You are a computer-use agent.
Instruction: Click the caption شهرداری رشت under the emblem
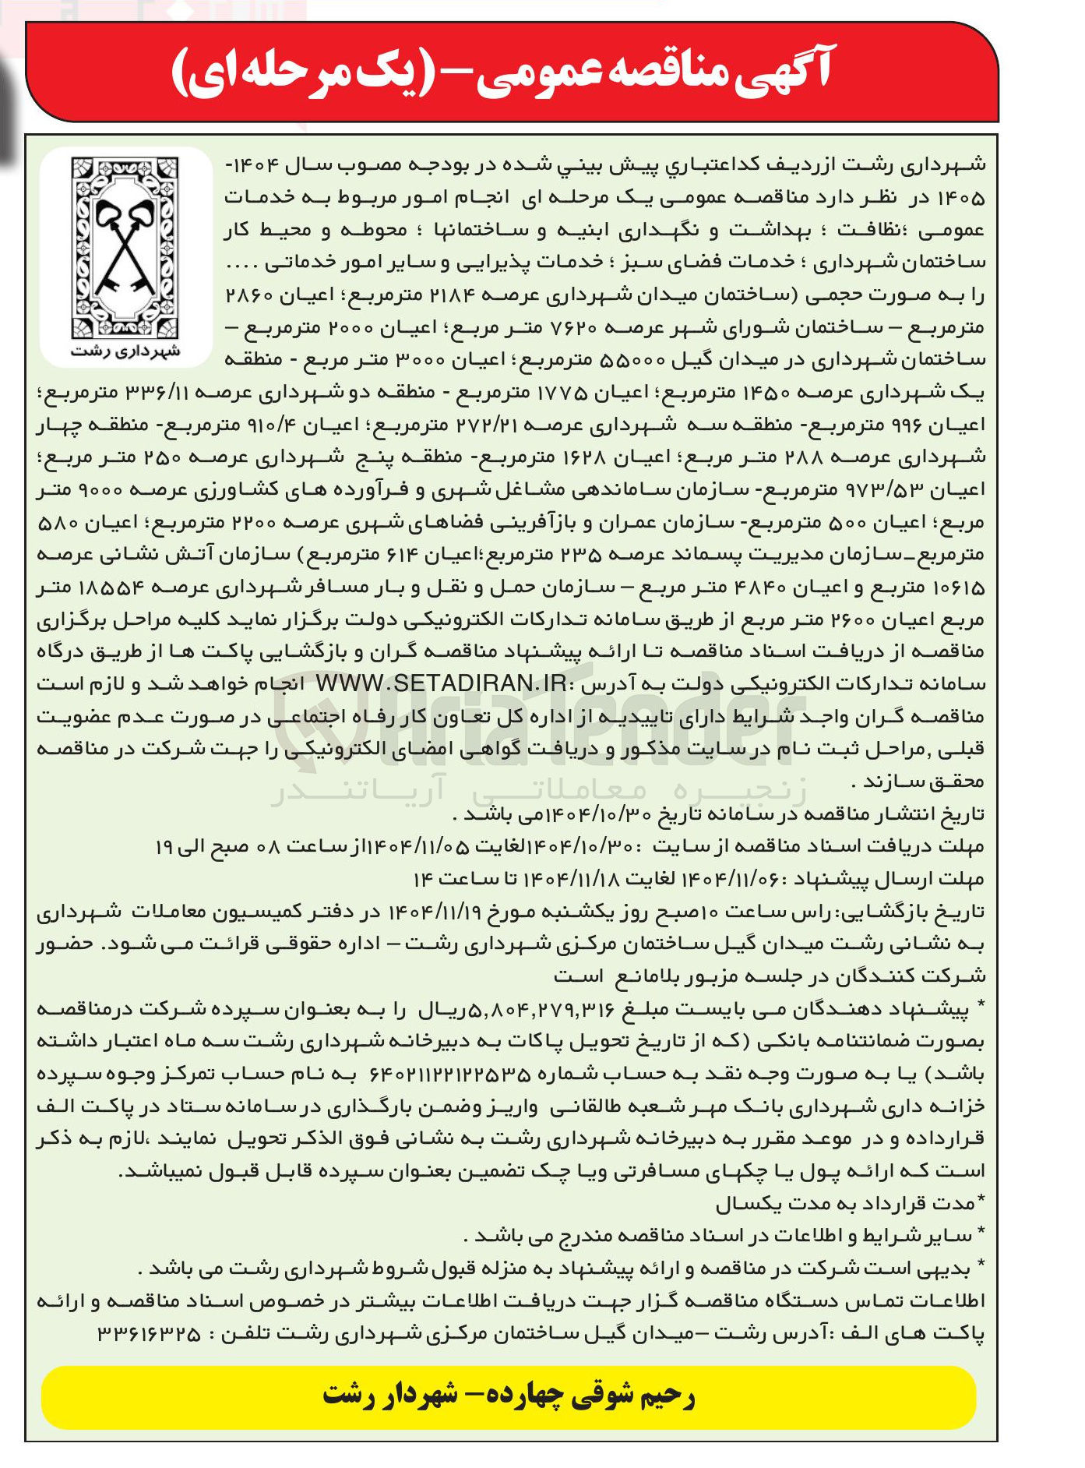tap(125, 351)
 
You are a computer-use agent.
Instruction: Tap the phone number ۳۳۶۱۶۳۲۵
tap(149, 1334)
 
